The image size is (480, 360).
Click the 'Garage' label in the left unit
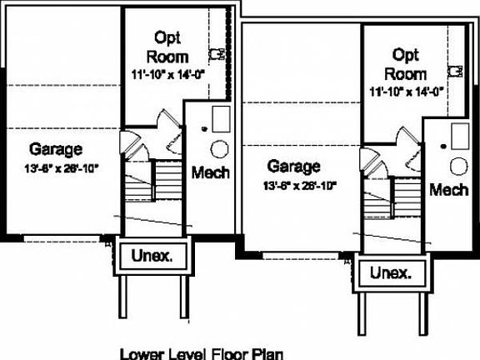[x=56, y=150]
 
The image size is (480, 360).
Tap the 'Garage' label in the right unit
[x=293, y=166]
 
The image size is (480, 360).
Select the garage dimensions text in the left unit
[x=61, y=167]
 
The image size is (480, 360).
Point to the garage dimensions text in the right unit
[x=299, y=185]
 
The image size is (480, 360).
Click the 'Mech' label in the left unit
[x=211, y=172]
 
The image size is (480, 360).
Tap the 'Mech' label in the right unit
[x=448, y=190]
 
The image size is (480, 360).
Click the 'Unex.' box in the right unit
[x=390, y=272]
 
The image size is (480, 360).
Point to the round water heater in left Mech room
[x=219, y=149]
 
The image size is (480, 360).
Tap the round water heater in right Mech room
[x=457, y=166]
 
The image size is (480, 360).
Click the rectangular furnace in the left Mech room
[x=221, y=118]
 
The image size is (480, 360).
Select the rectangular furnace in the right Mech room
[x=459, y=134]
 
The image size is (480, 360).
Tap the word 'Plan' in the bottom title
[x=265, y=352]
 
